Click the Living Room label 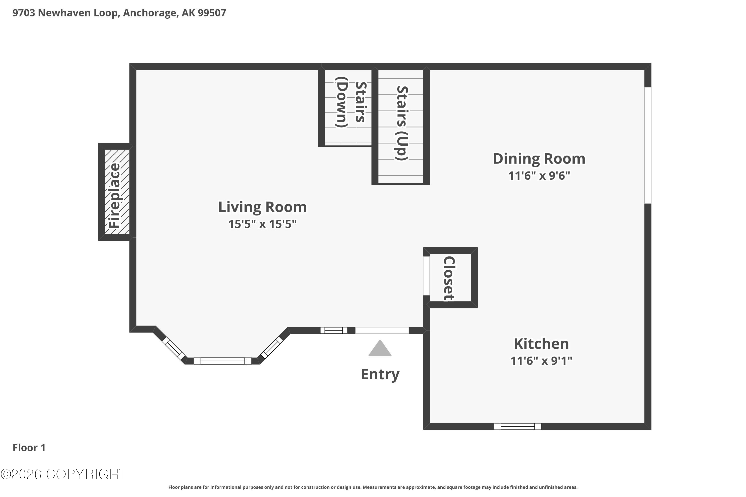(x=262, y=207)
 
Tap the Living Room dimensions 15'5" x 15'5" (x=262, y=224)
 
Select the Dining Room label (x=539, y=159)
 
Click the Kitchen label (x=541, y=344)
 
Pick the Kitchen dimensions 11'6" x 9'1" (x=541, y=361)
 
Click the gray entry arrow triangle (x=380, y=349)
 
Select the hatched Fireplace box (x=117, y=192)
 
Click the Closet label (x=449, y=278)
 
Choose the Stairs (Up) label (x=401, y=123)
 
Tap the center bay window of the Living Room (x=222, y=361)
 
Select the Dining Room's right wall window (x=648, y=145)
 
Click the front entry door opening (x=382, y=330)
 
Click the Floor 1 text (x=29, y=448)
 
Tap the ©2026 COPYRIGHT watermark (x=64, y=474)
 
